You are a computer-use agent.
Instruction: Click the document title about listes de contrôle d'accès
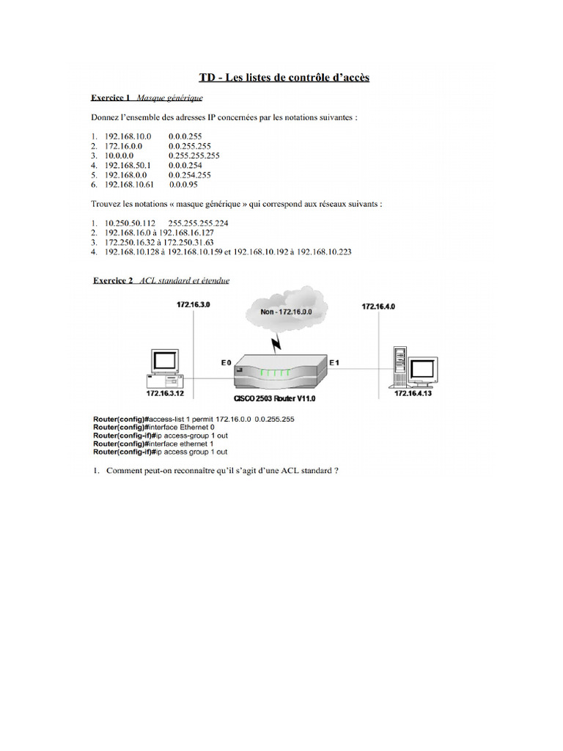click(284, 77)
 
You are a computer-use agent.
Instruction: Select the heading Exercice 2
click(113, 279)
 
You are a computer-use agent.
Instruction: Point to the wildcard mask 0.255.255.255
click(194, 155)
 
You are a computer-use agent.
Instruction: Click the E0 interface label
click(226, 362)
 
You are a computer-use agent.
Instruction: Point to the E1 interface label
click(334, 362)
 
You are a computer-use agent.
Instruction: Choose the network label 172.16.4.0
click(378, 307)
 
